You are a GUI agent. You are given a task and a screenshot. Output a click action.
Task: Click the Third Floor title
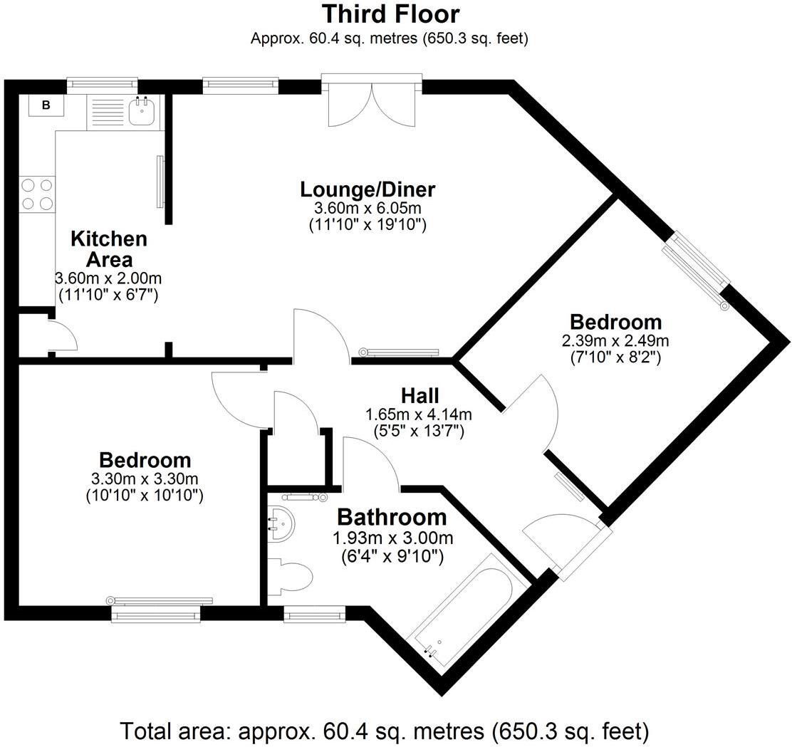tap(390, 14)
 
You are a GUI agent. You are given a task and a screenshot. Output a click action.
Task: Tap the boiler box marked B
tap(46, 105)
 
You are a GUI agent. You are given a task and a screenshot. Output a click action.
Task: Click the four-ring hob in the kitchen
tap(37, 194)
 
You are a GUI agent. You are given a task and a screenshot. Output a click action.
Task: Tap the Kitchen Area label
tap(108, 249)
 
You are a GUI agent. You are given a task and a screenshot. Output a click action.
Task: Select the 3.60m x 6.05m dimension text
tap(367, 209)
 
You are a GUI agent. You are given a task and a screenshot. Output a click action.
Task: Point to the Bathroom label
tap(392, 516)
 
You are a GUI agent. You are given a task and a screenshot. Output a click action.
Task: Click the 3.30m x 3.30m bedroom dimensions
tap(145, 478)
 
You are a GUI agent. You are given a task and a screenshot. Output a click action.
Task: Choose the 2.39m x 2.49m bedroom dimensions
tap(615, 340)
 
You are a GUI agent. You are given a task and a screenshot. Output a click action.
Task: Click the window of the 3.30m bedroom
tap(156, 610)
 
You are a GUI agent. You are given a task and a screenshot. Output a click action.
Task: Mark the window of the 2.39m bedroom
tap(697, 269)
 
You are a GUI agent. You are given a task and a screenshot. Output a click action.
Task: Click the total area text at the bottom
tap(385, 731)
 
